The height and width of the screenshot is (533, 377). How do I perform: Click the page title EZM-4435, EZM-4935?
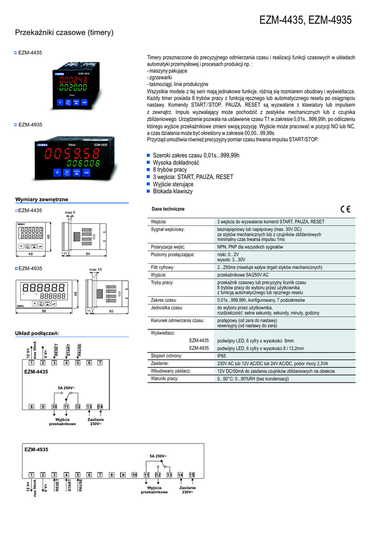coord(305,20)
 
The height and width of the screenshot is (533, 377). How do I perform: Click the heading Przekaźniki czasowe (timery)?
coord(64,33)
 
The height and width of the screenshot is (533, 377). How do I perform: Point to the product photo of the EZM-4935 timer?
coord(74,159)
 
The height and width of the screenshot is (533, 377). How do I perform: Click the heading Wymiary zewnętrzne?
coord(42,199)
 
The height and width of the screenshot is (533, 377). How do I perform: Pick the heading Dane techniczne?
coord(168,209)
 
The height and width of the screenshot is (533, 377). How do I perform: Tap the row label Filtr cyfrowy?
coord(163,267)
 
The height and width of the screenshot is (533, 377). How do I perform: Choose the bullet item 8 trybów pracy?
coord(170,170)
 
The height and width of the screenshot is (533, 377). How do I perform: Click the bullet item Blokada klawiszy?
coord(173,191)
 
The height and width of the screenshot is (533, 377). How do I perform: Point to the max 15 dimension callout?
coord(95,269)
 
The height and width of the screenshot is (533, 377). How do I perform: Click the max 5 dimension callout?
coord(70,212)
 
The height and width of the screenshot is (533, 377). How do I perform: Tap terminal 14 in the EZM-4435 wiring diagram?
coord(100,406)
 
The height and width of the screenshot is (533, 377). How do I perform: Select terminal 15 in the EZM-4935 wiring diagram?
coord(191,475)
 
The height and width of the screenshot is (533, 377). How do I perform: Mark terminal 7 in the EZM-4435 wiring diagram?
coord(100,363)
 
